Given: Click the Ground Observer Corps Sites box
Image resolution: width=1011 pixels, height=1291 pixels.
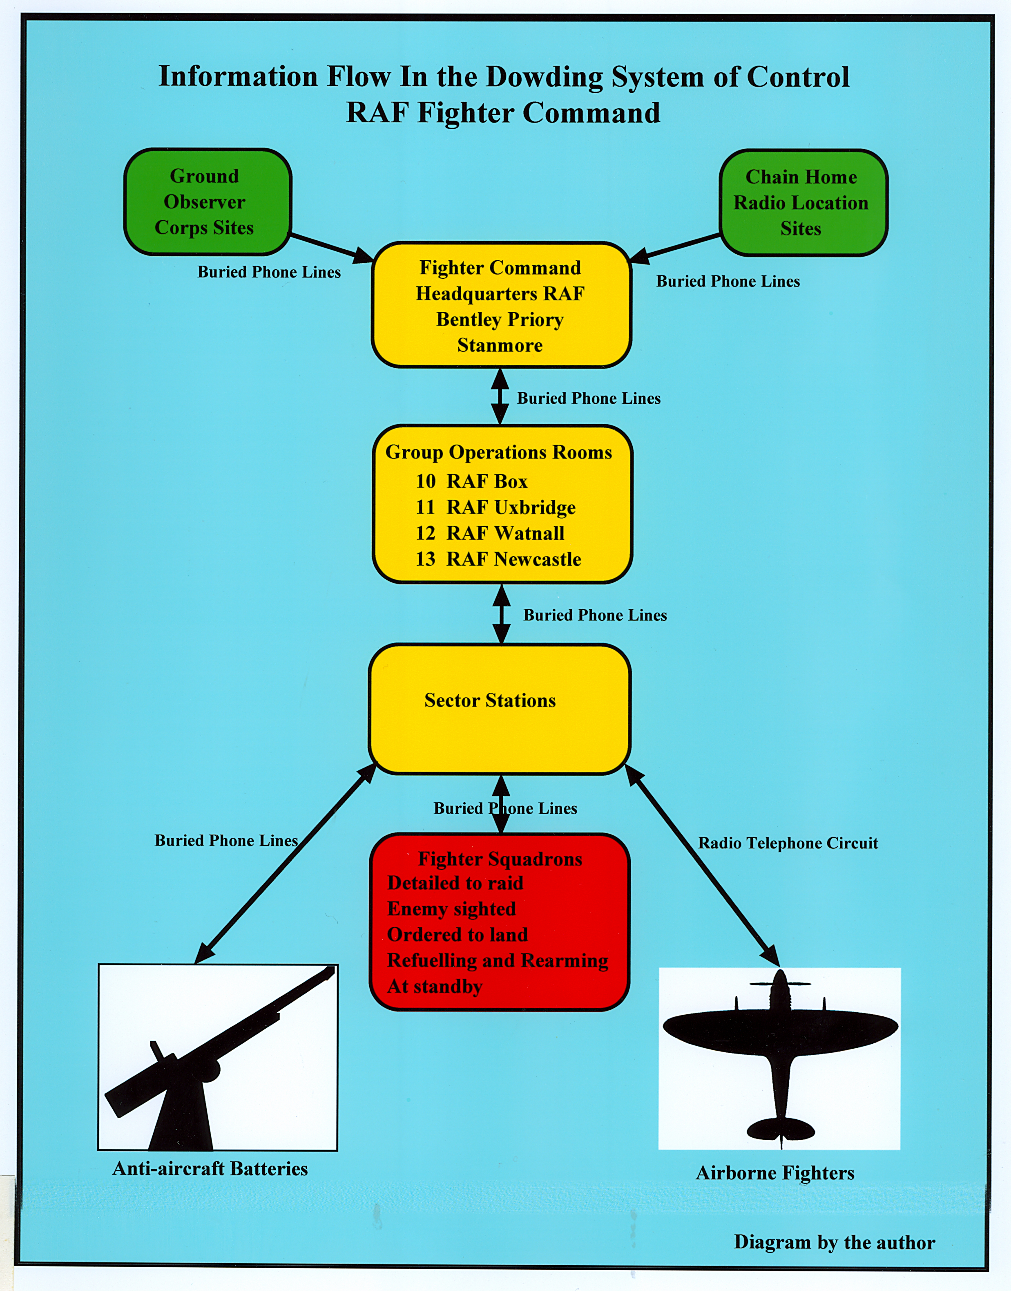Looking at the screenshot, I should [207, 201].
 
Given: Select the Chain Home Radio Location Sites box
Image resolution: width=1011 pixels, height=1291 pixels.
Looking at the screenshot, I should [803, 203].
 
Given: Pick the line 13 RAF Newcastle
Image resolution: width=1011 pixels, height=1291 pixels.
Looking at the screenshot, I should [498, 559].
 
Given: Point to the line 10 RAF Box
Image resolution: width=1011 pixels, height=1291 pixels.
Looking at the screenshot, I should [471, 481].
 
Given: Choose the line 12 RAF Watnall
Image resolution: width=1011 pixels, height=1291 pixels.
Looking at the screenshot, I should [489, 533].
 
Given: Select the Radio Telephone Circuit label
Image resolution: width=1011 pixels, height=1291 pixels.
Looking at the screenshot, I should [788, 843].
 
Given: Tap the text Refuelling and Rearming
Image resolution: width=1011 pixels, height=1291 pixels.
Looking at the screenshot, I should [497, 960].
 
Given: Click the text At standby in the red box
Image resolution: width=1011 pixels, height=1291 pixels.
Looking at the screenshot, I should [435, 987].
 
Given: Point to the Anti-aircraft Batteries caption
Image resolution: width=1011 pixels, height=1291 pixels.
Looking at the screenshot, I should [210, 1168].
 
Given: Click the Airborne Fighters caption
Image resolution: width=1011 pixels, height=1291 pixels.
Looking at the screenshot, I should [775, 1172].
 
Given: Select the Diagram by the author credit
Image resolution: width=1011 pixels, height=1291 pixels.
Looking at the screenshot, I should [834, 1242].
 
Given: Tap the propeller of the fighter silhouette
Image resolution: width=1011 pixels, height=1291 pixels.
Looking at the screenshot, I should [779, 984].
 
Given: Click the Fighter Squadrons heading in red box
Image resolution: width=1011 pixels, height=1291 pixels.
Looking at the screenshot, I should [500, 859].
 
